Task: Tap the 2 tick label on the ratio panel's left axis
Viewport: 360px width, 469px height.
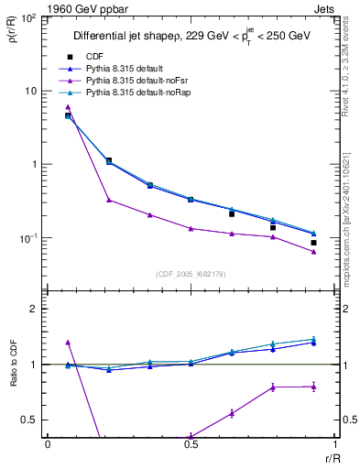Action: (x=36, y=310)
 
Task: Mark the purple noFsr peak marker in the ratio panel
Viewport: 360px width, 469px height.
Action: (x=68, y=343)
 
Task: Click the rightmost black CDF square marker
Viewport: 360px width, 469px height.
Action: (x=313, y=243)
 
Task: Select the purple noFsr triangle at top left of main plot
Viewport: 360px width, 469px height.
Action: (x=68, y=107)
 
